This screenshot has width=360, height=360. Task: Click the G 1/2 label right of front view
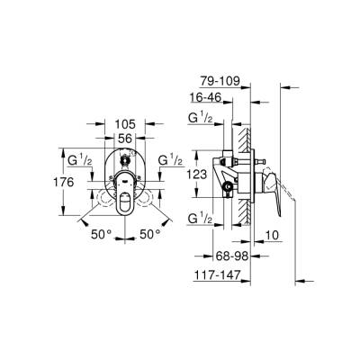170,159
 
